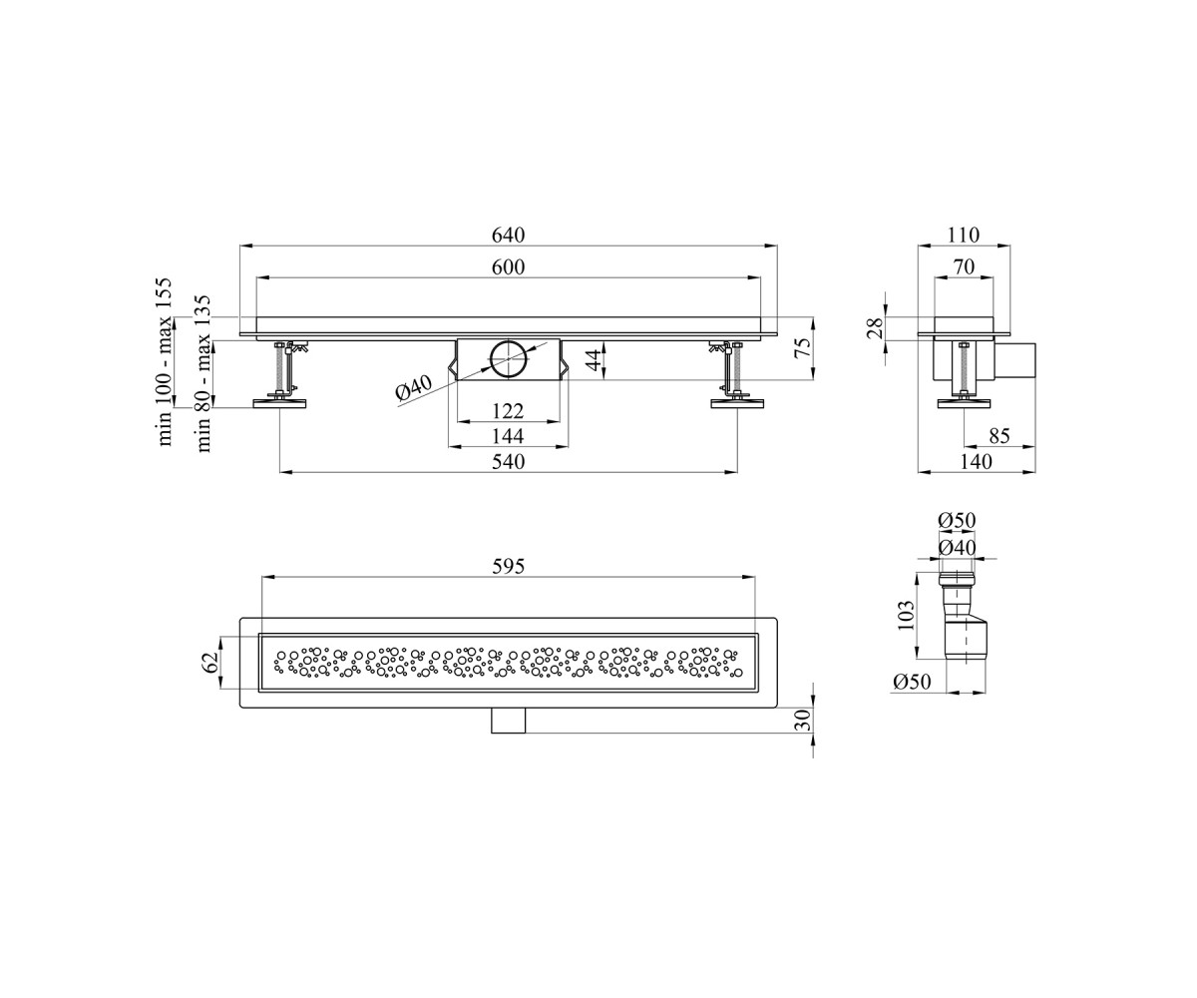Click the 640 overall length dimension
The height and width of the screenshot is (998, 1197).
point(508,236)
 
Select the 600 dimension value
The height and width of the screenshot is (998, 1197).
point(508,267)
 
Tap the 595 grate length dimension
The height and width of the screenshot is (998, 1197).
point(509,567)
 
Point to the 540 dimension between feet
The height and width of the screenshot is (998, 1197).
point(509,462)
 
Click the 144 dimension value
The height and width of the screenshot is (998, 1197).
point(508,436)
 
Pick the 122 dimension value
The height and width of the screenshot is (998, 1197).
point(508,411)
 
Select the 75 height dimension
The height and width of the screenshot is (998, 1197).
point(804,347)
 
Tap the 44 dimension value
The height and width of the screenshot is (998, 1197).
point(595,360)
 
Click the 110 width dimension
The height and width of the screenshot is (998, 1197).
point(964,236)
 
